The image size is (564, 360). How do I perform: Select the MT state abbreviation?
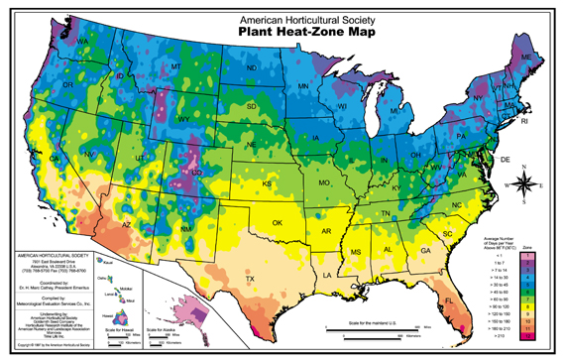point(175,67)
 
